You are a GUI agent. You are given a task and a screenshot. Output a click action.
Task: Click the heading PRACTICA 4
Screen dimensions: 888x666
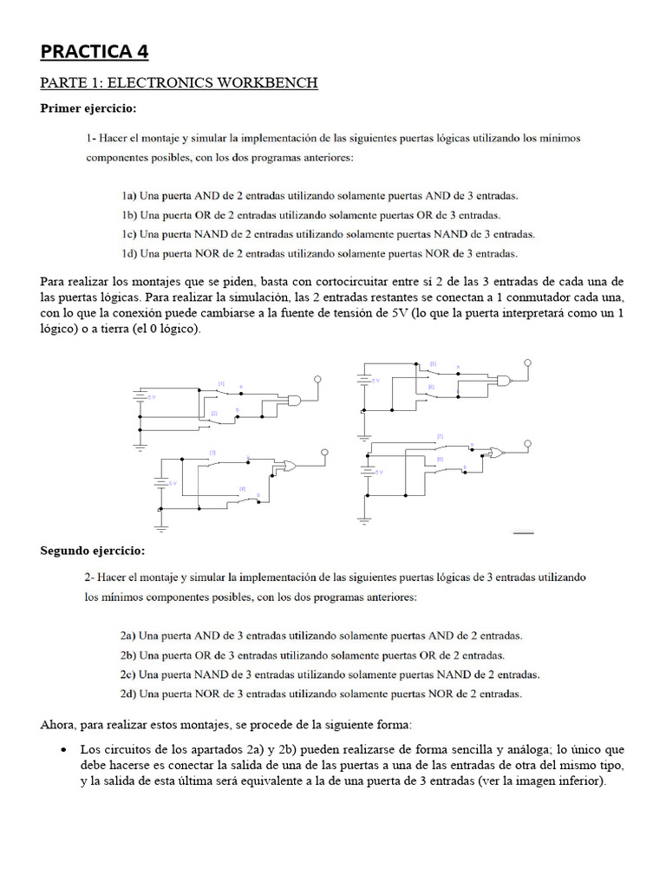[x=95, y=52]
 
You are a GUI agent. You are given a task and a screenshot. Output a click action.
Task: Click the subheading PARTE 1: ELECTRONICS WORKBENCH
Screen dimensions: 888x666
[x=179, y=83]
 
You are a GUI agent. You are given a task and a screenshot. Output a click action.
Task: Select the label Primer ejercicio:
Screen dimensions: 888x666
[x=88, y=108]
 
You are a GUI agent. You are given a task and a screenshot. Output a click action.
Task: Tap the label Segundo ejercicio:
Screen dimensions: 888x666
[x=93, y=551]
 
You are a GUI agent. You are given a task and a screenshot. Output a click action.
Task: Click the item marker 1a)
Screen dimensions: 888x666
[x=129, y=196]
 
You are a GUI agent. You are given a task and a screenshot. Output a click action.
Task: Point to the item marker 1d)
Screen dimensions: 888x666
[x=129, y=254]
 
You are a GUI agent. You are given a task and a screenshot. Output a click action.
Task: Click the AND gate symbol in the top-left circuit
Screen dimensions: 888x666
[x=296, y=402]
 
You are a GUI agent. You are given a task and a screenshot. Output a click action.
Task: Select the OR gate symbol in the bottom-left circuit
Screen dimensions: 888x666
[x=285, y=467]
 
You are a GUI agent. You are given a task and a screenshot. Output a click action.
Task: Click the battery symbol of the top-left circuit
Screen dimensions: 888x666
[x=139, y=396]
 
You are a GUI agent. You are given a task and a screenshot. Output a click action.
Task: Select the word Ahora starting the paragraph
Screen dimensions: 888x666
[x=59, y=724]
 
